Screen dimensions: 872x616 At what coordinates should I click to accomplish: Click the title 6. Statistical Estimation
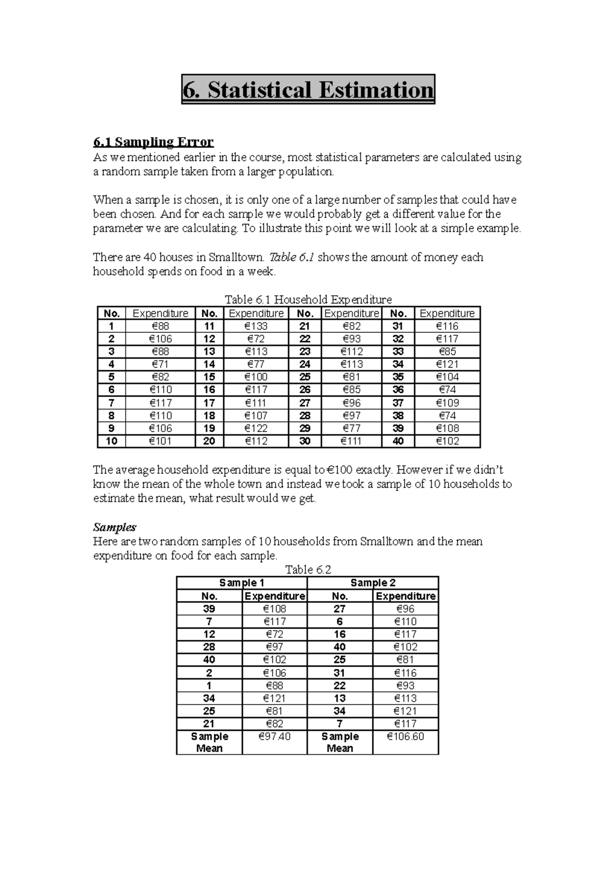pyautogui.click(x=308, y=90)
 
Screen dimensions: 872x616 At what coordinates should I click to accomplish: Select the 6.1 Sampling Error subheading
pyautogui.click(x=153, y=142)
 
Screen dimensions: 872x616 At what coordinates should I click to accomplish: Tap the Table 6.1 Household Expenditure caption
pyautogui.click(x=309, y=299)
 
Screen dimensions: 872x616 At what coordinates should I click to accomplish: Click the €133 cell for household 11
pyautogui.click(x=256, y=326)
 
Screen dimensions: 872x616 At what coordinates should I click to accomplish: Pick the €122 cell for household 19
pyautogui.click(x=256, y=428)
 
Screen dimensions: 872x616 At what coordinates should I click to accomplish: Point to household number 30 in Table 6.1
pyautogui.click(x=305, y=441)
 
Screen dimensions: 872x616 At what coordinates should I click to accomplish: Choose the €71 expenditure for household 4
pyautogui.click(x=160, y=364)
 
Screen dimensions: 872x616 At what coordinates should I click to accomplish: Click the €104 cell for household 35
pyautogui.click(x=447, y=377)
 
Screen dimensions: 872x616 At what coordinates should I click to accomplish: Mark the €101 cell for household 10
pyautogui.click(x=160, y=441)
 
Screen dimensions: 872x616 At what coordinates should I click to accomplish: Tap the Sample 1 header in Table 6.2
pyautogui.click(x=242, y=583)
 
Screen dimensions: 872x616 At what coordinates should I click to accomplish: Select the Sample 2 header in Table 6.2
pyautogui.click(x=373, y=583)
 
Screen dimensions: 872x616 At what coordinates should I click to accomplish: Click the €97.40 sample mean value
pyautogui.click(x=274, y=737)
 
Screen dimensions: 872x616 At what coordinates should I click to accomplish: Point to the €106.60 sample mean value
pyautogui.click(x=406, y=737)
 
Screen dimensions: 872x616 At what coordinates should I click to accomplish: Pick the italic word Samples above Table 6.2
pyautogui.click(x=114, y=527)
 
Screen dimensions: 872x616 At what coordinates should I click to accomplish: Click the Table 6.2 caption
pyautogui.click(x=308, y=570)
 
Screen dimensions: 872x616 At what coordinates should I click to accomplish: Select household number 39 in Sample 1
pyautogui.click(x=209, y=609)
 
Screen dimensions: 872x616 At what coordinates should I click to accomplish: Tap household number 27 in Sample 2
pyautogui.click(x=339, y=609)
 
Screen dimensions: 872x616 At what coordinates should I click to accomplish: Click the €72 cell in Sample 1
pyautogui.click(x=274, y=635)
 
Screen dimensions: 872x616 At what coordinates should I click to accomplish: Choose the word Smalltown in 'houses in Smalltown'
pyautogui.click(x=238, y=257)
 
